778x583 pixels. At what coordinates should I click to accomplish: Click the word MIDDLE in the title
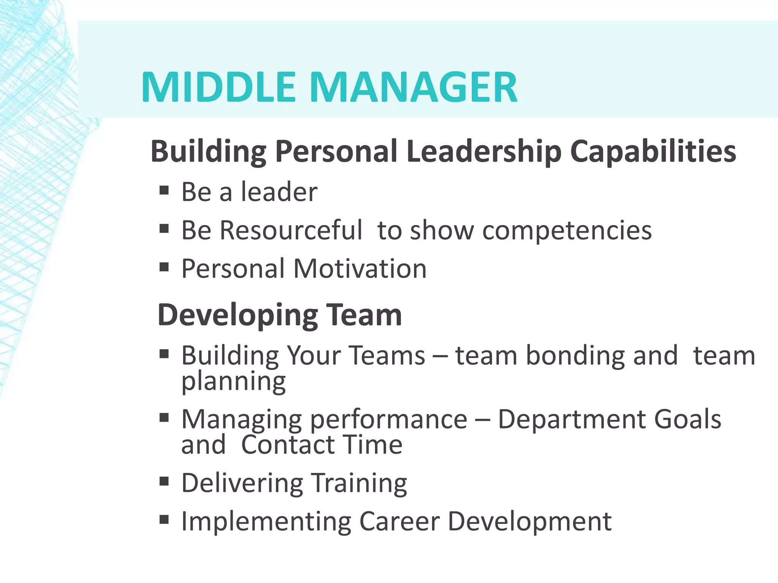(x=218, y=88)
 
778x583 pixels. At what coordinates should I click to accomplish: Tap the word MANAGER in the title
(x=414, y=88)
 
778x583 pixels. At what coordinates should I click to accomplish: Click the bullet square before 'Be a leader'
(x=164, y=190)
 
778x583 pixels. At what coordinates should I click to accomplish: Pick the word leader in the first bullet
(x=279, y=192)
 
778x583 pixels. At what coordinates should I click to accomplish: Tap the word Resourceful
(x=291, y=230)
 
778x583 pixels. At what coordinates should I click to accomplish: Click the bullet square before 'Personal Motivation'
(x=164, y=267)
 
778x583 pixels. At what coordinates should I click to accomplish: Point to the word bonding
(x=575, y=356)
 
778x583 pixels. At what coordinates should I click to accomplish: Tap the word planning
(x=233, y=382)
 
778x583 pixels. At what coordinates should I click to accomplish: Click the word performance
(x=389, y=420)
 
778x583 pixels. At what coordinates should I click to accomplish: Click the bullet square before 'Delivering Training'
(x=164, y=482)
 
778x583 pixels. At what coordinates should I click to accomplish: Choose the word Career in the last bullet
(x=399, y=521)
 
